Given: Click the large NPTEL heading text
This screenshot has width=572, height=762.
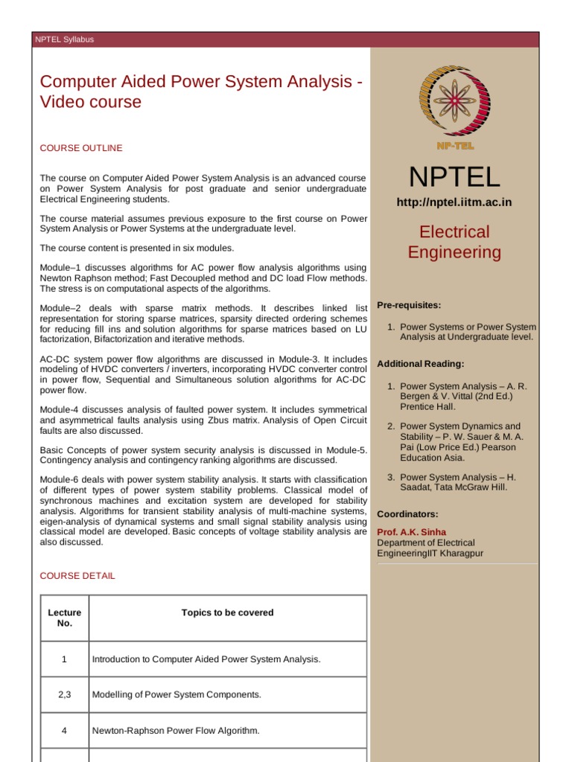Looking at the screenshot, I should pyautogui.click(x=454, y=177).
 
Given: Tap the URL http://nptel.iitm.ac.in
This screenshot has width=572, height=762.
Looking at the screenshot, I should pyautogui.click(x=454, y=202).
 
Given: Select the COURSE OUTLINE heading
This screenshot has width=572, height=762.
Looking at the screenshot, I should pyautogui.click(x=81, y=148).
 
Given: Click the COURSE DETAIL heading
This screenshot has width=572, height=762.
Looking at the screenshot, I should pyautogui.click(x=77, y=576).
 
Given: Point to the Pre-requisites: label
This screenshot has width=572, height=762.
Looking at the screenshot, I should pyautogui.click(x=409, y=305).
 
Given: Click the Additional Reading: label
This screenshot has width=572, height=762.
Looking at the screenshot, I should pyautogui.click(x=421, y=364).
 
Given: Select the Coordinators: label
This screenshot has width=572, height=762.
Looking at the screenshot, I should pyautogui.click(x=407, y=514).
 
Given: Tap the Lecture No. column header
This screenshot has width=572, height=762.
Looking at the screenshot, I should pyautogui.click(x=64, y=618).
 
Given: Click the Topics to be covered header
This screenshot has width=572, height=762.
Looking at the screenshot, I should pyautogui.click(x=227, y=612).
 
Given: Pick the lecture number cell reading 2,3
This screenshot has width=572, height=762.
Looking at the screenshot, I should pyautogui.click(x=64, y=694).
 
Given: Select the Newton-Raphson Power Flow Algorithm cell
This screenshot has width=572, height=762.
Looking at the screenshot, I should pyautogui.click(x=176, y=731).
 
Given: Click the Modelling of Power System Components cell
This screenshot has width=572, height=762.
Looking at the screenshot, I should pyautogui.click(x=177, y=694).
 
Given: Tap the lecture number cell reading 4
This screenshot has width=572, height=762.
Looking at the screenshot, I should pyautogui.click(x=64, y=731).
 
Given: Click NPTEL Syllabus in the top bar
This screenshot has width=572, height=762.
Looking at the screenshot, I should pyautogui.click(x=65, y=39).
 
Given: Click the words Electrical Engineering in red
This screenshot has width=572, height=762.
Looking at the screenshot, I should pyautogui.click(x=454, y=242).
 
